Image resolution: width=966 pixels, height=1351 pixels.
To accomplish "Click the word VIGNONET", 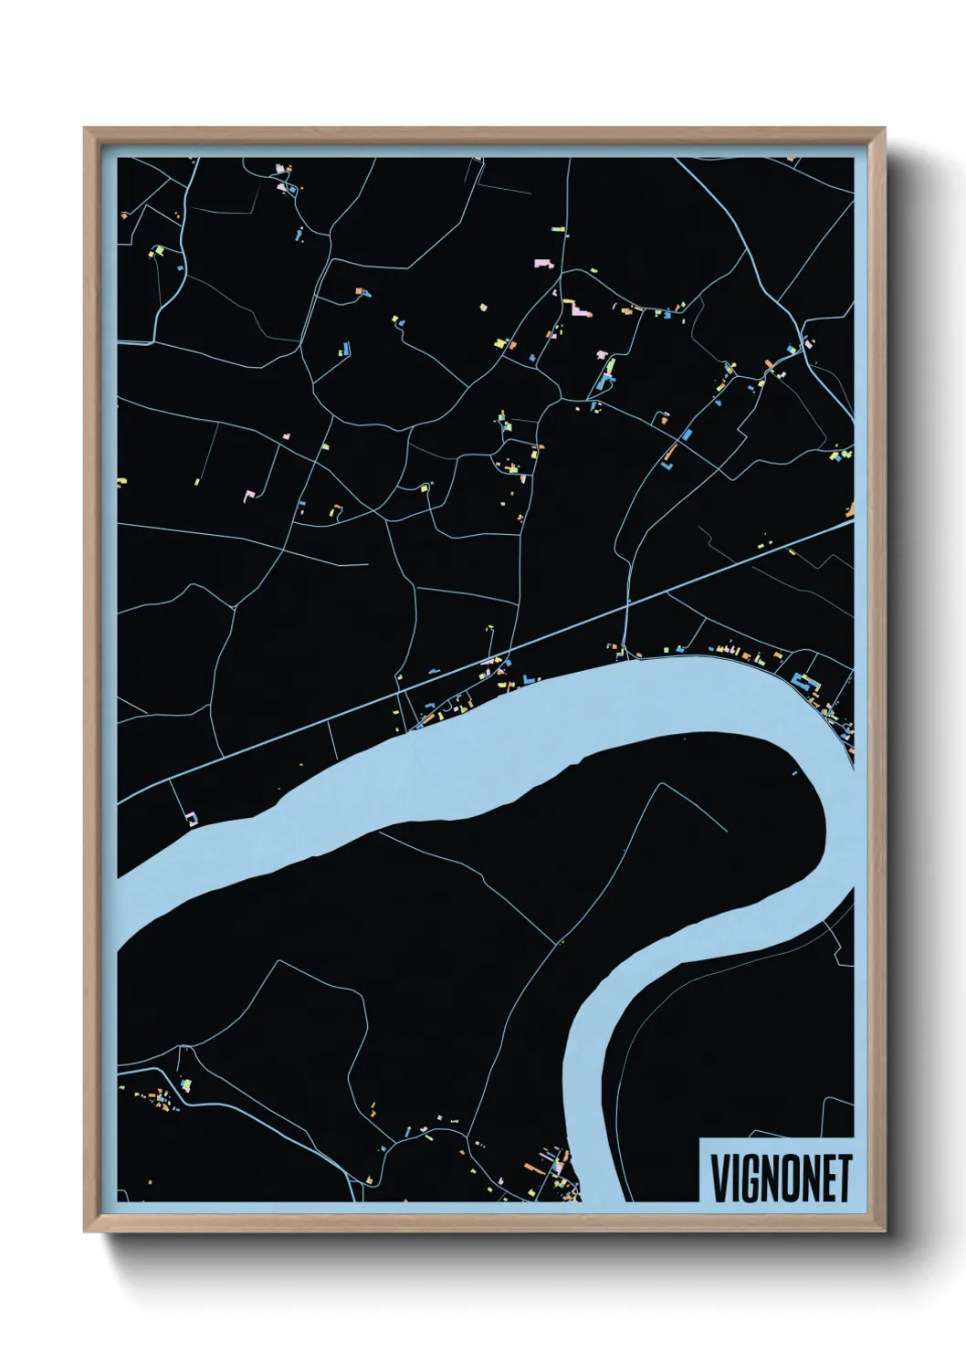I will (781, 1178).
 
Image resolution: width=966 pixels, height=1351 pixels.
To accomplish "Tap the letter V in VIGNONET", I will (719, 1178).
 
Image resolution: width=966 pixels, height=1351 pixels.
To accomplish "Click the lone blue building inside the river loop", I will (795, 773).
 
